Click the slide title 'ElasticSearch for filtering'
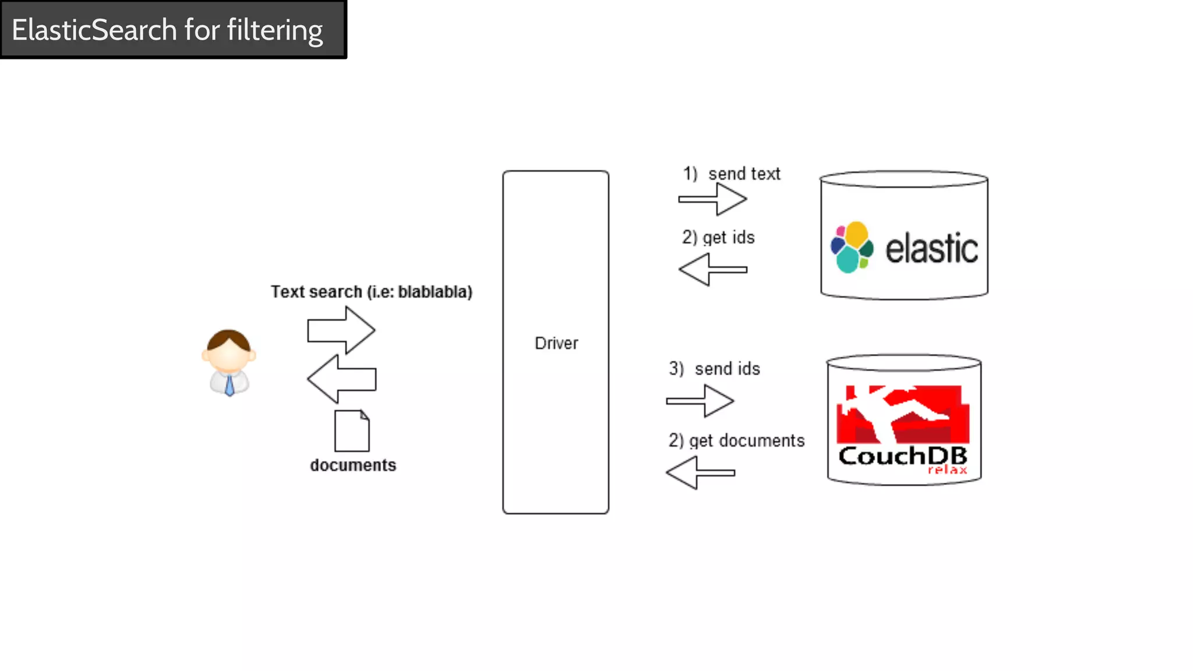167,30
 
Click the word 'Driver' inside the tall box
556,343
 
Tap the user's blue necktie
230,386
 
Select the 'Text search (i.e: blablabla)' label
372,292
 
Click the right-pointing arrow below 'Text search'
341,330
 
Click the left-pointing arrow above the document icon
341,379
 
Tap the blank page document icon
352,431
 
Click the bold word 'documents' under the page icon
353,465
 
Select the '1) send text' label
732,174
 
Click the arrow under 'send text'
712,199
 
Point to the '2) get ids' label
718,238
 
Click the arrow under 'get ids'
712,270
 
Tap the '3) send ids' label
715,369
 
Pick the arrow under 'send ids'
700,401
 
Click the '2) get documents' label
736,441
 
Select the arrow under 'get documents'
700,472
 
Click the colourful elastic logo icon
852,248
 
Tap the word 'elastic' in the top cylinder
931,249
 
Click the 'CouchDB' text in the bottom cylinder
902,456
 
